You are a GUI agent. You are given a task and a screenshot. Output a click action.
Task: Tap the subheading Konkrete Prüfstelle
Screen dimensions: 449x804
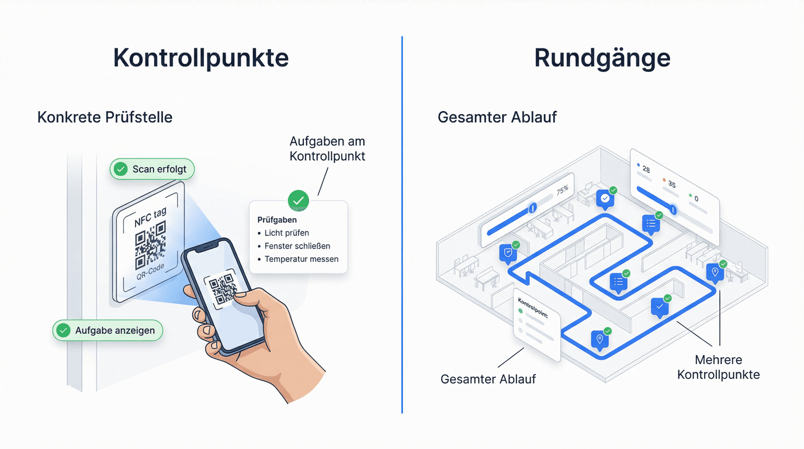[105, 117]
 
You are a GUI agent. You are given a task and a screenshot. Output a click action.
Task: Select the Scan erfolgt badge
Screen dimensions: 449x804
[152, 170]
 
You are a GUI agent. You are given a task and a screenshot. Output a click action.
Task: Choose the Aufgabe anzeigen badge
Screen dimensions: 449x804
[108, 331]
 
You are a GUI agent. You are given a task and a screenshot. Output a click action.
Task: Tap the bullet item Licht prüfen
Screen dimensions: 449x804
[286, 233]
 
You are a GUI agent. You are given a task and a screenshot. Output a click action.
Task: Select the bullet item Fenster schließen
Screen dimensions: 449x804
[297, 246]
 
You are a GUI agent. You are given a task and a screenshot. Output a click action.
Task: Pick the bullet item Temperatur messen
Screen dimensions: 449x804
[301, 259]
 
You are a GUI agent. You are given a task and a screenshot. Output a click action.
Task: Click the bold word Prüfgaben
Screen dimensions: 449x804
[277, 220]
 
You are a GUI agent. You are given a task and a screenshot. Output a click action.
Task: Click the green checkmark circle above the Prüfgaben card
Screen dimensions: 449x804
[299, 200]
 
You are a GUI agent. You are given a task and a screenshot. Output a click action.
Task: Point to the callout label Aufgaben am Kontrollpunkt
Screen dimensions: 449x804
[327, 148]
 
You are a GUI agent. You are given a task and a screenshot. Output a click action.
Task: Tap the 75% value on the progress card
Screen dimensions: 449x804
[562, 190]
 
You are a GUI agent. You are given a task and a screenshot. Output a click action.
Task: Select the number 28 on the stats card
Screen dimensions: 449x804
[646, 170]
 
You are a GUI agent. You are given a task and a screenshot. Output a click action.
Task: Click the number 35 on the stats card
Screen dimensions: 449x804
[671, 185]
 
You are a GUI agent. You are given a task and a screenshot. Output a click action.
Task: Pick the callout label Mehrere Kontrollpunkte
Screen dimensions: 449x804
[718, 367]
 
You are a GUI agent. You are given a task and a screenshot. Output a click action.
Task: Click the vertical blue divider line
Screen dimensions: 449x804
[402, 224]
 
